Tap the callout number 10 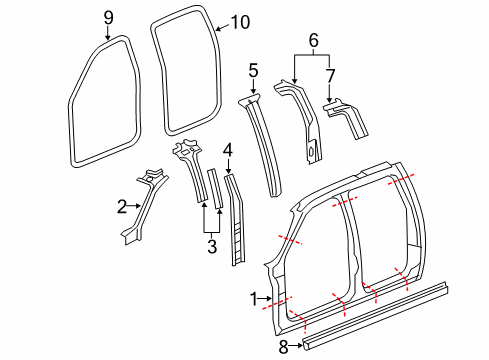pyautogui.click(x=242, y=22)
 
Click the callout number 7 pyautogui.click(x=332, y=75)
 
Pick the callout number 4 pyautogui.click(x=228, y=149)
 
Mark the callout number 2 pyautogui.click(x=121, y=206)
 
